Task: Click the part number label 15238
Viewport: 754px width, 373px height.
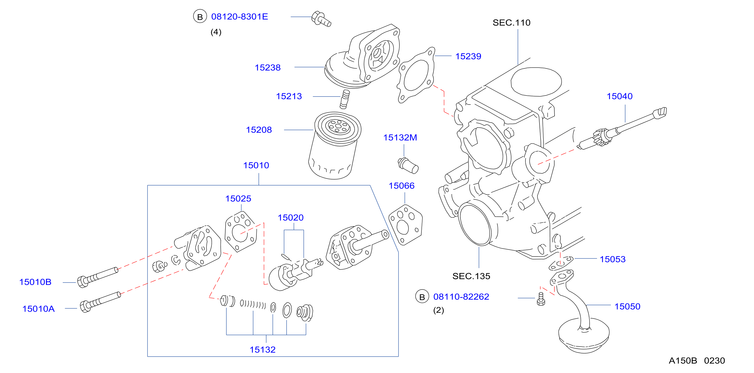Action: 267,68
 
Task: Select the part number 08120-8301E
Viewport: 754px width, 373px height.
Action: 239,17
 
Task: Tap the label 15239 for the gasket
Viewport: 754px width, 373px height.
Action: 468,56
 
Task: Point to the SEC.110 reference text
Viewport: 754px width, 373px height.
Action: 511,23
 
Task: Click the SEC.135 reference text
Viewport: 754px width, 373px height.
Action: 471,276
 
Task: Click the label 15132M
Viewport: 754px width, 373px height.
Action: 400,137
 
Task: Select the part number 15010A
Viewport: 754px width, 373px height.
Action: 38,309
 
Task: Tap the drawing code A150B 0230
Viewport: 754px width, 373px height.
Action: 697,361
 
